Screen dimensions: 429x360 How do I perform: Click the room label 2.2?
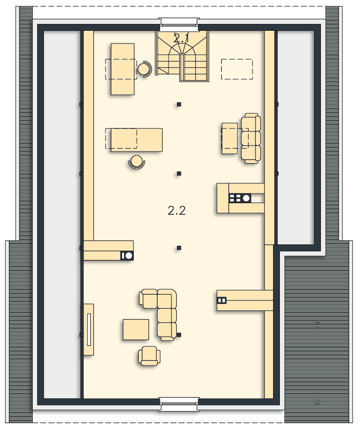[x=177, y=211]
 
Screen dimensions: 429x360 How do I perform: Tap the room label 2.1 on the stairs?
[x=181, y=38]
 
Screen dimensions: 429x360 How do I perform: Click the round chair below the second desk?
[x=137, y=162]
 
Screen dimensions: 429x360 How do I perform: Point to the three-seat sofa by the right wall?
[x=251, y=138]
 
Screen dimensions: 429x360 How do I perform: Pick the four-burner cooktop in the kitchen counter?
[x=235, y=198]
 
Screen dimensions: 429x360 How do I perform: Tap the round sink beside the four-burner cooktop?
[x=246, y=198]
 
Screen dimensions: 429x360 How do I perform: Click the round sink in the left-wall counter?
[x=128, y=255]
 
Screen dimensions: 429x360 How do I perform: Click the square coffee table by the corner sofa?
[x=136, y=329]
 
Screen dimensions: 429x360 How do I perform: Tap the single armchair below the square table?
[x=148, y=356]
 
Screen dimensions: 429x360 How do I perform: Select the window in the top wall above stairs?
[x=179, y=21]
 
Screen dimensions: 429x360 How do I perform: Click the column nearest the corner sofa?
[x=179, y=335]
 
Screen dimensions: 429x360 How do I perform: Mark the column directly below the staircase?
[x=179, y=104]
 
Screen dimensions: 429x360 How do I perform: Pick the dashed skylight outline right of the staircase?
[x=237, y=69]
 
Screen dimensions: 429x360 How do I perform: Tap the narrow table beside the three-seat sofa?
[x=230, y=138]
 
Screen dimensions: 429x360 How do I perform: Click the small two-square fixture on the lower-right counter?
[x=222, y=300]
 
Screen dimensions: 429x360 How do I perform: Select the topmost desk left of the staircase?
[x=123, y=69]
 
